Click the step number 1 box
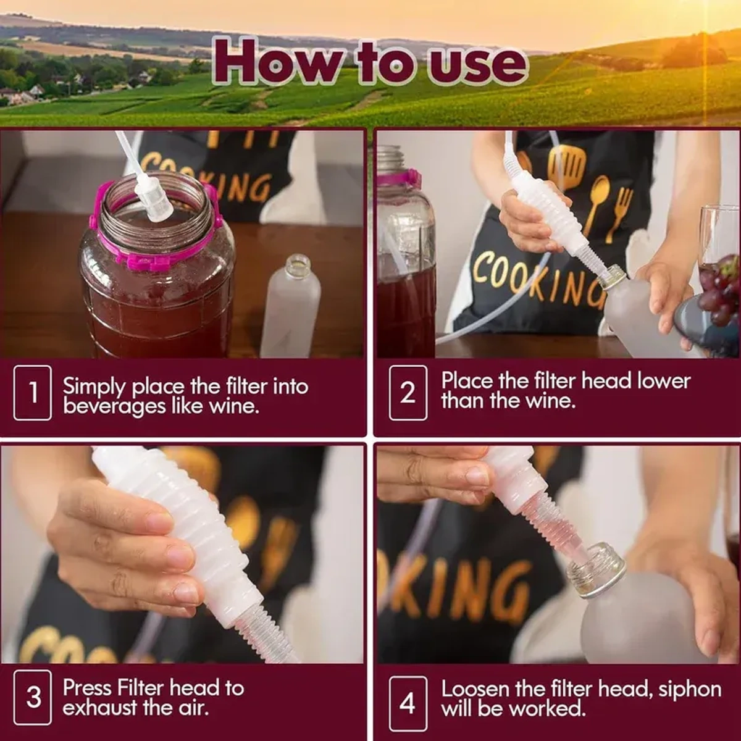coord(33,393)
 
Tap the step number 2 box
coord(408,393)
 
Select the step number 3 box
coord(33,697)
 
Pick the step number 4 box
coord(408,703)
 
